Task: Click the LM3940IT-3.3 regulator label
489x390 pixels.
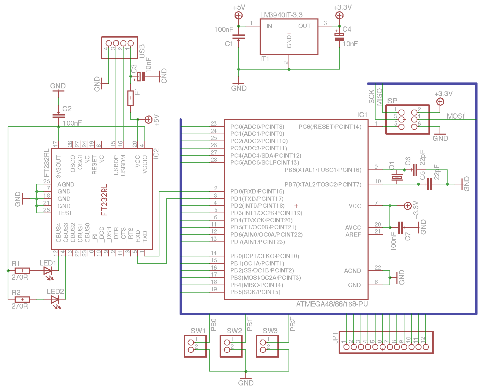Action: (281, 15)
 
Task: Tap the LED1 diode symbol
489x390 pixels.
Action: (47, 271)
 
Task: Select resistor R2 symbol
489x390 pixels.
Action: (23, 299)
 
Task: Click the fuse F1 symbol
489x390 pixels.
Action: (131, 98)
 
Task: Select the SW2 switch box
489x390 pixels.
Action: (231, 346)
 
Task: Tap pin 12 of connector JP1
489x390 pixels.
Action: (426, 347)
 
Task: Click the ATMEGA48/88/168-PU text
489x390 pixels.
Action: (332, 304)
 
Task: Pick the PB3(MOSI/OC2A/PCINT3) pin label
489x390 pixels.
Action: (266, 278)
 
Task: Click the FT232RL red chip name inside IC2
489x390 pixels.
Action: (104, 200)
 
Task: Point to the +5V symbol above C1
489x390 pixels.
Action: (238, 15)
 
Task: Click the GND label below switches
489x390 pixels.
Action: (246, 383)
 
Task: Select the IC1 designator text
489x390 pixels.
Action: (362, 115)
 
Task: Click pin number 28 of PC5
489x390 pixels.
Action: (214, 160)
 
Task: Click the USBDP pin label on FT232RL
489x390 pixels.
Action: (116, 165)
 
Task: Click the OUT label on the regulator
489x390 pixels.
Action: (304, 26)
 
